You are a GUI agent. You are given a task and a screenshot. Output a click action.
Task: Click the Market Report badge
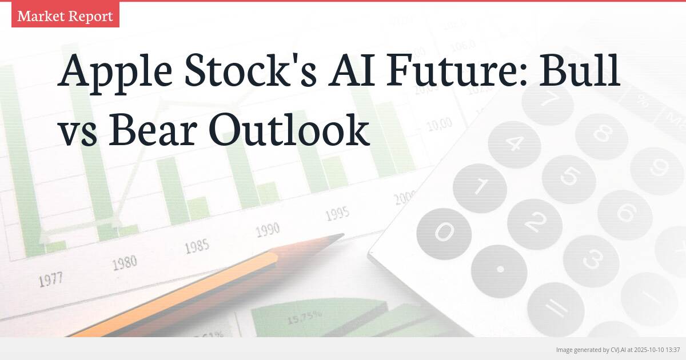(65, 16)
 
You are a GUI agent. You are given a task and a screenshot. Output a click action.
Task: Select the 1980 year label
(124, 263)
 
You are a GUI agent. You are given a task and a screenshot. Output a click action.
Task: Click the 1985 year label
(197, 246)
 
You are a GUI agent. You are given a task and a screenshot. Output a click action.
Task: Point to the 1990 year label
(268, 230)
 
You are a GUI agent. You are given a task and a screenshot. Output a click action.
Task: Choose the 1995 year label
(337, 214)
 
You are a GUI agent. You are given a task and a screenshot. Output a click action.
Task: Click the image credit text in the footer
(617, 349)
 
